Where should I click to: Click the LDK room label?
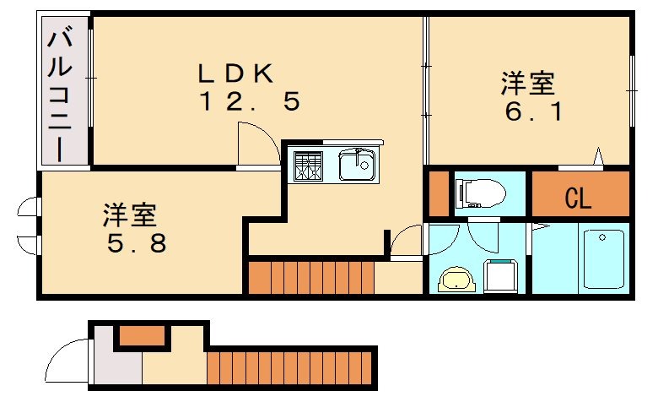click(235, 73)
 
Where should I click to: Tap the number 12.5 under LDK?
click(250, 103)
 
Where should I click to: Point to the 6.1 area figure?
click(533, 111)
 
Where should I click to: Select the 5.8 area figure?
click(137, 243)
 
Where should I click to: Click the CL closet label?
click(578, 199)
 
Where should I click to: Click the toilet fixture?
click(478, 193)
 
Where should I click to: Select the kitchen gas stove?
click(309, 166)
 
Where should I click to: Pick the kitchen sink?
click(358, 165)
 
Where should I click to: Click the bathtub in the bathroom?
click(602, 258)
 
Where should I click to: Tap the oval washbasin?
click(457, 280)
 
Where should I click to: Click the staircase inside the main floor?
click(310, 278)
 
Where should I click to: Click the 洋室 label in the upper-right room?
click(527, 84)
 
